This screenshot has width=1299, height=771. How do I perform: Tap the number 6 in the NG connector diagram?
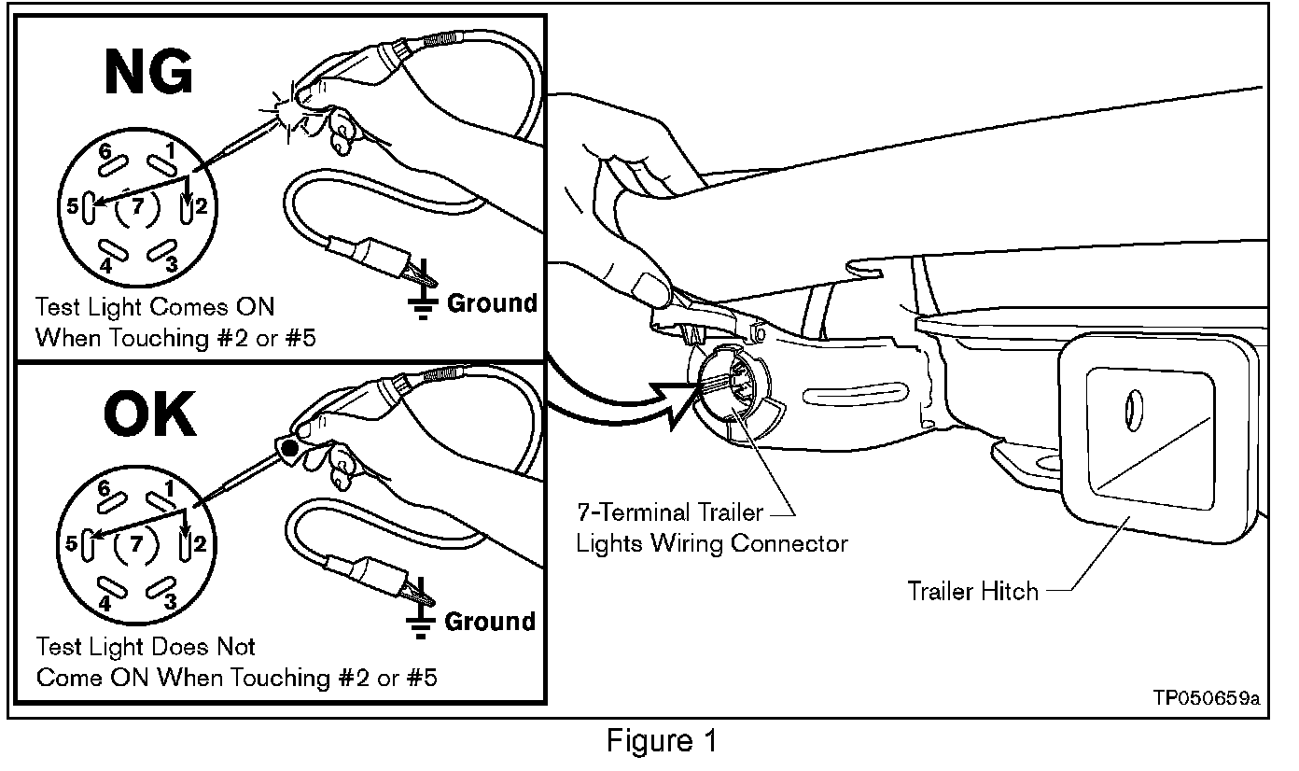tap(105, 151)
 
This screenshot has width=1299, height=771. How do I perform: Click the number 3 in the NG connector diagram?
tap(171, 264)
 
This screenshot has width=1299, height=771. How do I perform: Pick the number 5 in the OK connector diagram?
tap(71, 542)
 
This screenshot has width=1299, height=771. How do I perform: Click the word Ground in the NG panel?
tap(493, 302)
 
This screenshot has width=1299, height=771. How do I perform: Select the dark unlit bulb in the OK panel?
tap(290, 450)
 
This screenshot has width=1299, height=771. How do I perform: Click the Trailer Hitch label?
tap(972, 591)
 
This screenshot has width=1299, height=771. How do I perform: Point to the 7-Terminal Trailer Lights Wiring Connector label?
tap(711, 528)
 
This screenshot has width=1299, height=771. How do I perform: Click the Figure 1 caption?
tap(663, 741)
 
